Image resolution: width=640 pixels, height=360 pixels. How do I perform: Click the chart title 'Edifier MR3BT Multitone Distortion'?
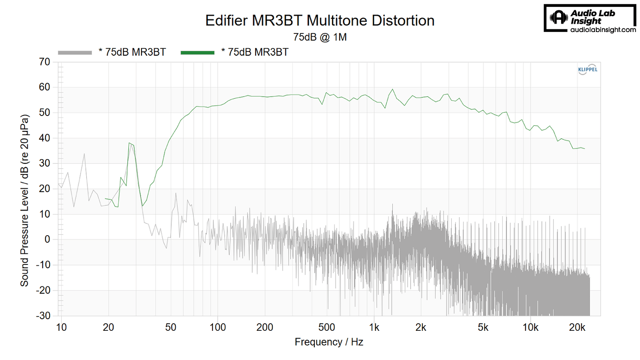point(320,21)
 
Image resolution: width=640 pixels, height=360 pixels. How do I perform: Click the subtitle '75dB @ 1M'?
point(320,37)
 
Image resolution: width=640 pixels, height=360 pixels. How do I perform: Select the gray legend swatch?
point(75,52)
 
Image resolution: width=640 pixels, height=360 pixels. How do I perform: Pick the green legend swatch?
point(198,52)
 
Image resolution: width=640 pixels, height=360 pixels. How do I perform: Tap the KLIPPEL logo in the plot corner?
point(588,70)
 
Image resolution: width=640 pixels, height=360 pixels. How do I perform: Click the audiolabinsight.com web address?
point(602,30)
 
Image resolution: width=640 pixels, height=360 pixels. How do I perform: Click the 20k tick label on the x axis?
point(577,327)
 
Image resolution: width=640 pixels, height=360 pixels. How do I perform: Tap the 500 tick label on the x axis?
point(327,327)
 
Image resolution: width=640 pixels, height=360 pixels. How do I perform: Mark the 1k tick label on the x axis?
point(374,327)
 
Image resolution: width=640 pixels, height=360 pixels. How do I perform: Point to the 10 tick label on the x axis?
point(61,327)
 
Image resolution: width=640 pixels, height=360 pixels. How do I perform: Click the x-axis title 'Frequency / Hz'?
point(329,342)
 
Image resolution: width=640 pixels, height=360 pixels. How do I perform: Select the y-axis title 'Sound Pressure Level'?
point(24,186)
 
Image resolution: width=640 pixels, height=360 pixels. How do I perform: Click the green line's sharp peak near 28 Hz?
point(129,143)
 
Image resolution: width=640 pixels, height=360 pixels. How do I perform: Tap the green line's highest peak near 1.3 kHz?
point(392,89)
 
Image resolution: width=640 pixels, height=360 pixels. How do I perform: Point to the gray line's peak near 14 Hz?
point(84,154)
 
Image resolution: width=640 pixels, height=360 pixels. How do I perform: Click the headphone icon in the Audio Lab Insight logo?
point(558,18)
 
